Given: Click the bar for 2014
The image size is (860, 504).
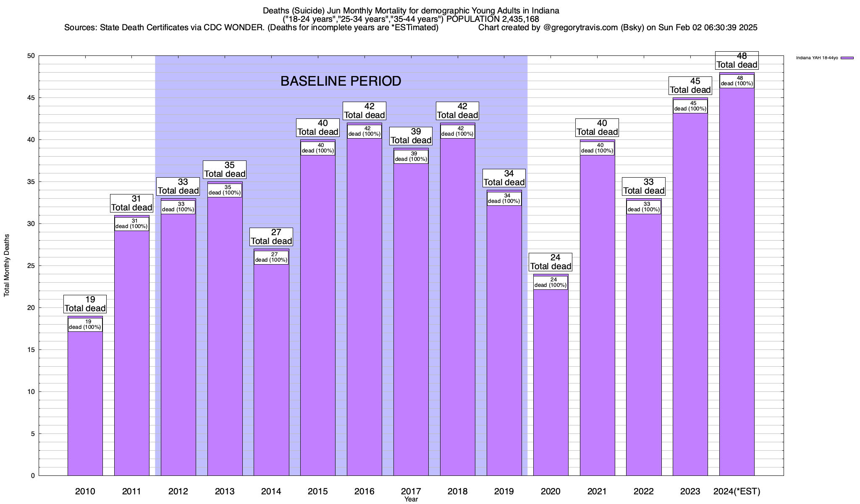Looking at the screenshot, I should pos(271,370).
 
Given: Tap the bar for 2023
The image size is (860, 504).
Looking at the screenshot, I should pos(690,294).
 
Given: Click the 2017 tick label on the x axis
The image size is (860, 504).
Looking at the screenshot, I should pos(411,491).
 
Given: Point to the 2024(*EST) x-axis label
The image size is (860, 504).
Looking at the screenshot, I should pos(737,491).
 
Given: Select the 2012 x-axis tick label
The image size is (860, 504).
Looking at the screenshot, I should pos(178,491).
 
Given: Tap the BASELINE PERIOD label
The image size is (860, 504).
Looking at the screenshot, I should pos(341,81).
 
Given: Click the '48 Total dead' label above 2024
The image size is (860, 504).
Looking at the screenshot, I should pos(737,60).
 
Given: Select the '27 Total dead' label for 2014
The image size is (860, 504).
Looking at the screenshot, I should pos(271,237).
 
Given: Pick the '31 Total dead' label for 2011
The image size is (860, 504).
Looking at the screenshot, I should pos(131,203).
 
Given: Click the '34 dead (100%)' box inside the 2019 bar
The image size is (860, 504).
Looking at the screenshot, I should pos(504,198).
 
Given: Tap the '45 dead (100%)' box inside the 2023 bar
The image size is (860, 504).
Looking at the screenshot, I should pos(690,106).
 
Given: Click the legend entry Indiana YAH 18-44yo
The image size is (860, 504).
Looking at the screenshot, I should pos(817,58).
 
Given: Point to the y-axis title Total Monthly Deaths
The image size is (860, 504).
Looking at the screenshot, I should pos(7,265).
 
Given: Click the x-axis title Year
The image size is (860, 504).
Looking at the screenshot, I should pos(411,499).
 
